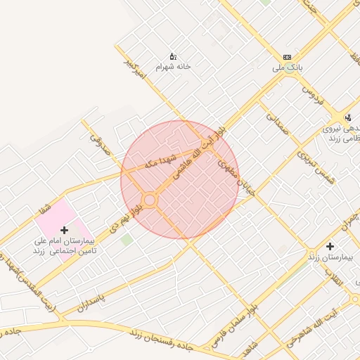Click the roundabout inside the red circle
coord(149,200)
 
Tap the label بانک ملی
coord(287,69)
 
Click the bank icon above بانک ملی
coord(287,57)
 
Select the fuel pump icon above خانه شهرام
coord(173,56)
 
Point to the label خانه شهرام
coord(173,67)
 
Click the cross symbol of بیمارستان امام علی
coord(65,230)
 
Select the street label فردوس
coord(312,92)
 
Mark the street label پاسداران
coord(91,302)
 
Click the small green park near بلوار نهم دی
coord(127,240)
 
